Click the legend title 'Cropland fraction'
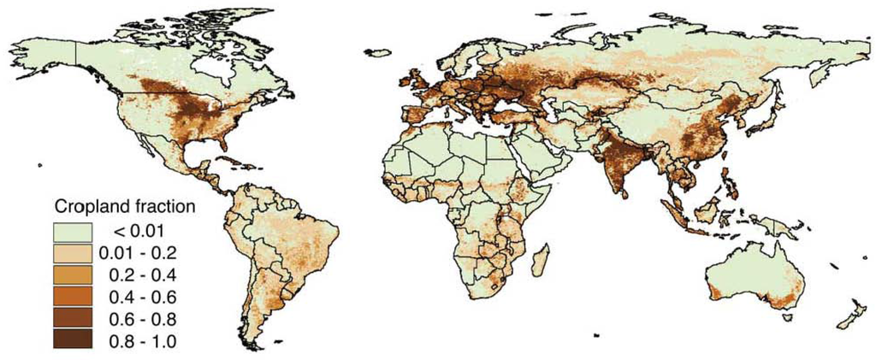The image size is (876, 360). click(x=125, y=207)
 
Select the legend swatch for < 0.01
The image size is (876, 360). click(x=75, y=230)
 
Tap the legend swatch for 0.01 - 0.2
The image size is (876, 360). click(x=75, y=252)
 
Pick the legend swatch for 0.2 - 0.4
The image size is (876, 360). click(x=75, y=274)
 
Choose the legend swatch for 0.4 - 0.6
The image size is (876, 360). click(x=75, y=297)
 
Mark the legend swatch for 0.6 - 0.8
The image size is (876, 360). click(x=75, y=319)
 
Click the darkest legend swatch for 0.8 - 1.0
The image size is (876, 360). click(x=75, y=341)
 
